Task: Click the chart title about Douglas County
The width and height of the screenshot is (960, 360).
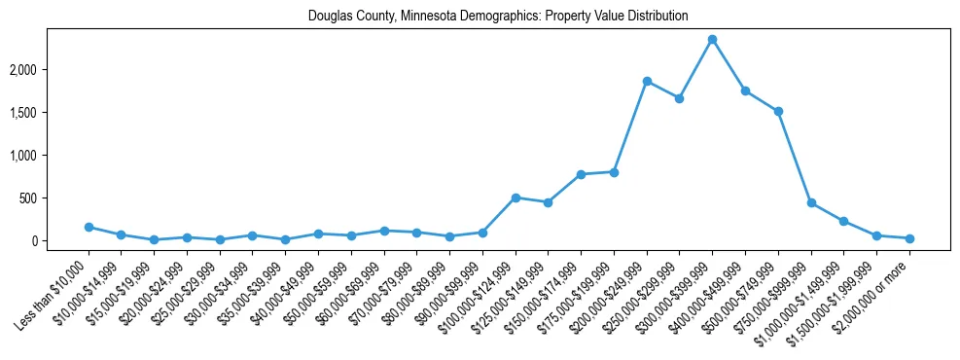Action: click(498, 17)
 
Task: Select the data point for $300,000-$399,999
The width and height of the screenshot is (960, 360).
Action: click(712, 39)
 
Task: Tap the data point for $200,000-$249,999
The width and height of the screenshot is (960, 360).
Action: click(647, 81)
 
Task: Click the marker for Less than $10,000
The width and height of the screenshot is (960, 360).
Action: click(89, 227)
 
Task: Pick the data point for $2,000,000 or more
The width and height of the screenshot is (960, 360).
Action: click(909, 238)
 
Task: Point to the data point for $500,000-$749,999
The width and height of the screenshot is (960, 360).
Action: click(778, 111)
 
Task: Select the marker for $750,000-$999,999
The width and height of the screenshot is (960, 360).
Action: click(811, 202)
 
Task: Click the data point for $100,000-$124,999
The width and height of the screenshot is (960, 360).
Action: click(516, 198)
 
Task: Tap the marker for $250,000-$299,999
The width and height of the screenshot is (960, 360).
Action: click(680, 98)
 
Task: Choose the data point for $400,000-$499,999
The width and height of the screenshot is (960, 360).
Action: click(745, 90)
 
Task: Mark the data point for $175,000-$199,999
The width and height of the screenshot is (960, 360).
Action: click(614, 172)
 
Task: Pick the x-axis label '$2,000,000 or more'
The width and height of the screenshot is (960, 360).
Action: click(875, 288)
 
